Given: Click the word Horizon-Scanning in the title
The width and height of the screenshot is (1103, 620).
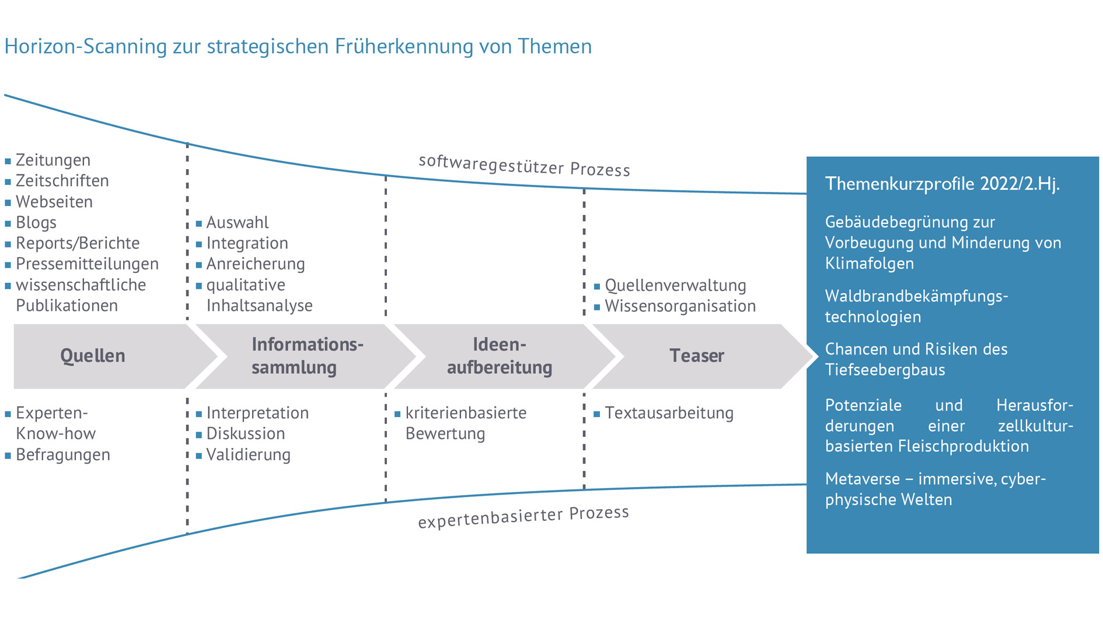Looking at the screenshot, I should point(85,47).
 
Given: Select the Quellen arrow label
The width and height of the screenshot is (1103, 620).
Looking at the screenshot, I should point(93,356).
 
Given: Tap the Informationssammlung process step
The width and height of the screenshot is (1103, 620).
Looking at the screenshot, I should point(307,356).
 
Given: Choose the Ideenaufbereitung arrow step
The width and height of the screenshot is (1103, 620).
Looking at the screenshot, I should point(500,356).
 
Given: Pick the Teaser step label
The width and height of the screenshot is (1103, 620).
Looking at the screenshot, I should point(696,356).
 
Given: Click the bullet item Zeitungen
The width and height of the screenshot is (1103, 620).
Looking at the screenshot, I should point(53,160).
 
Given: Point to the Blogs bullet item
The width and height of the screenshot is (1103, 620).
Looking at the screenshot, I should point(36,223).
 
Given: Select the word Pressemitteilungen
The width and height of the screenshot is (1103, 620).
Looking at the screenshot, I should point(87,264).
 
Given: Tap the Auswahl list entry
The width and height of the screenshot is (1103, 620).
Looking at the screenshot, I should point(238,223).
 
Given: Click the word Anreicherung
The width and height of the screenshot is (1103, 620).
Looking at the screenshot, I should point(256,264).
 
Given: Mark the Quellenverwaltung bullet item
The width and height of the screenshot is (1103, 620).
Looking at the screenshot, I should point(675,286).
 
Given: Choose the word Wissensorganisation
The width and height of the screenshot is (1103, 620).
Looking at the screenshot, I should point(680,306).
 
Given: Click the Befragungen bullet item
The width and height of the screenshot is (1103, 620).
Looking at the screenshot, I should point(63,455).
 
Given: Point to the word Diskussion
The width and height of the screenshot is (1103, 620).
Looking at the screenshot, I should point(246,434).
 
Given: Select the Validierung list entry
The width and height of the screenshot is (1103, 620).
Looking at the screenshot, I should point(248,455).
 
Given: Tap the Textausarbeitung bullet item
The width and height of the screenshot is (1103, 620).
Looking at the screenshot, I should point(669,413).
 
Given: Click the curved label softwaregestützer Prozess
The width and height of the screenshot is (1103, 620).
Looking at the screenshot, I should point(524,166).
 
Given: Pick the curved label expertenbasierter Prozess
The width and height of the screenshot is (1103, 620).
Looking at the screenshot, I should point(523,517).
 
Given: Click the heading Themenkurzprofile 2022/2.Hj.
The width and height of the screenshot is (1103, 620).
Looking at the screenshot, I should point(942,184).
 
